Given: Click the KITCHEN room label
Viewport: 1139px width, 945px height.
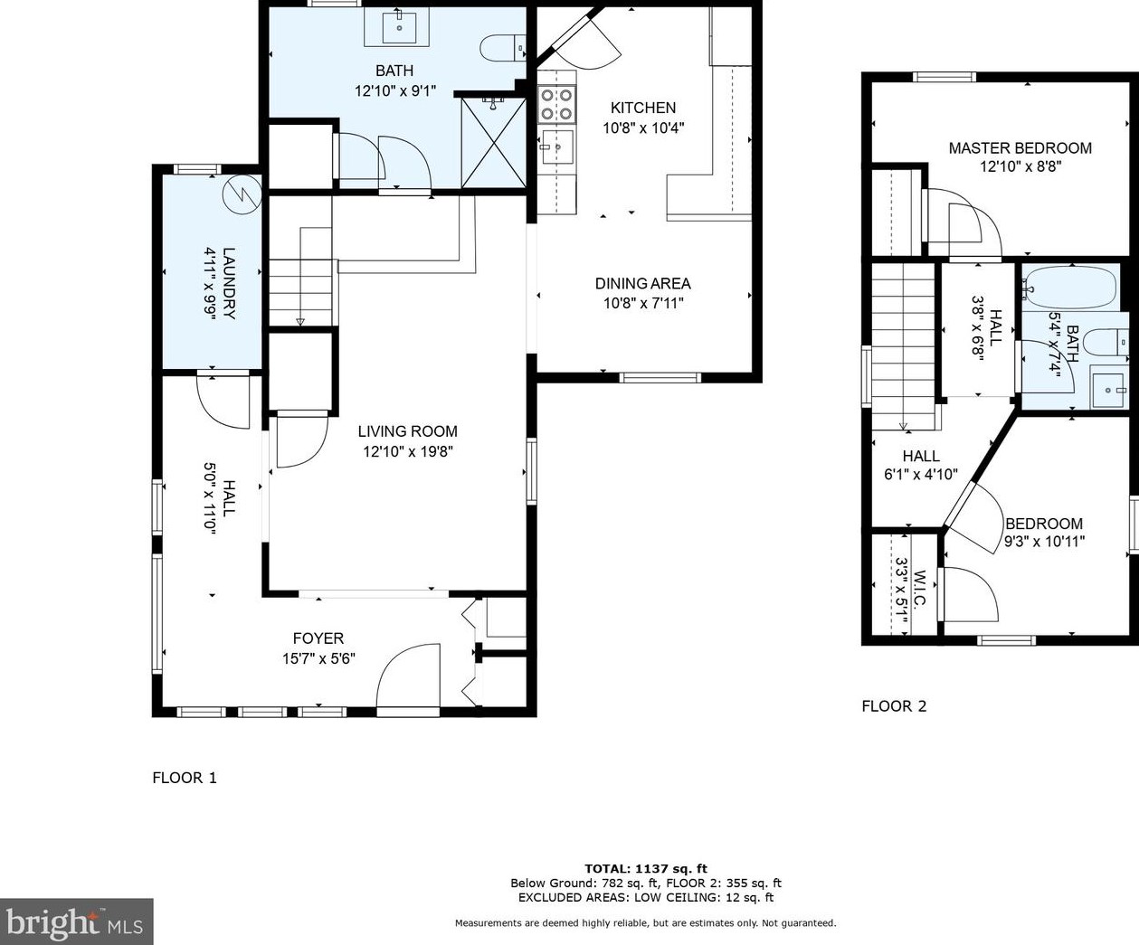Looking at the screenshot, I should pos(642,108).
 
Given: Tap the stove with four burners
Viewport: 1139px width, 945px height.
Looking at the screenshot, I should pos(556,103).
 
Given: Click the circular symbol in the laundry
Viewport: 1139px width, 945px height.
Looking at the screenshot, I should pos(242,194).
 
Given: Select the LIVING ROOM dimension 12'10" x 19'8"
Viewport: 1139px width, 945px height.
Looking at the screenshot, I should pos(407,451).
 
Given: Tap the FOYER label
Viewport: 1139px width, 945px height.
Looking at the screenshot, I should pos(318,638).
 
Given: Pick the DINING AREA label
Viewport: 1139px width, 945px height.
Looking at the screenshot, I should pos(642,283).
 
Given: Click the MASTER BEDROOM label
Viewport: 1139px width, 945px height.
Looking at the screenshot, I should pos(1020,147).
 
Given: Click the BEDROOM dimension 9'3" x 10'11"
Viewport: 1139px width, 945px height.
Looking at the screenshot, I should pos(1044,542).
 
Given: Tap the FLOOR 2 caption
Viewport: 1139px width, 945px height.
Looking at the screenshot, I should pos(894,706).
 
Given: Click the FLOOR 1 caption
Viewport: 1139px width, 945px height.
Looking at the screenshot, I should pos(185,778).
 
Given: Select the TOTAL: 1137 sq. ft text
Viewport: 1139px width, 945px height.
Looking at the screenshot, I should pos(645,869).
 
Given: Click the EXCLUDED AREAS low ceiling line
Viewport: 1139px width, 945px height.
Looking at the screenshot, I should pos(645,898).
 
